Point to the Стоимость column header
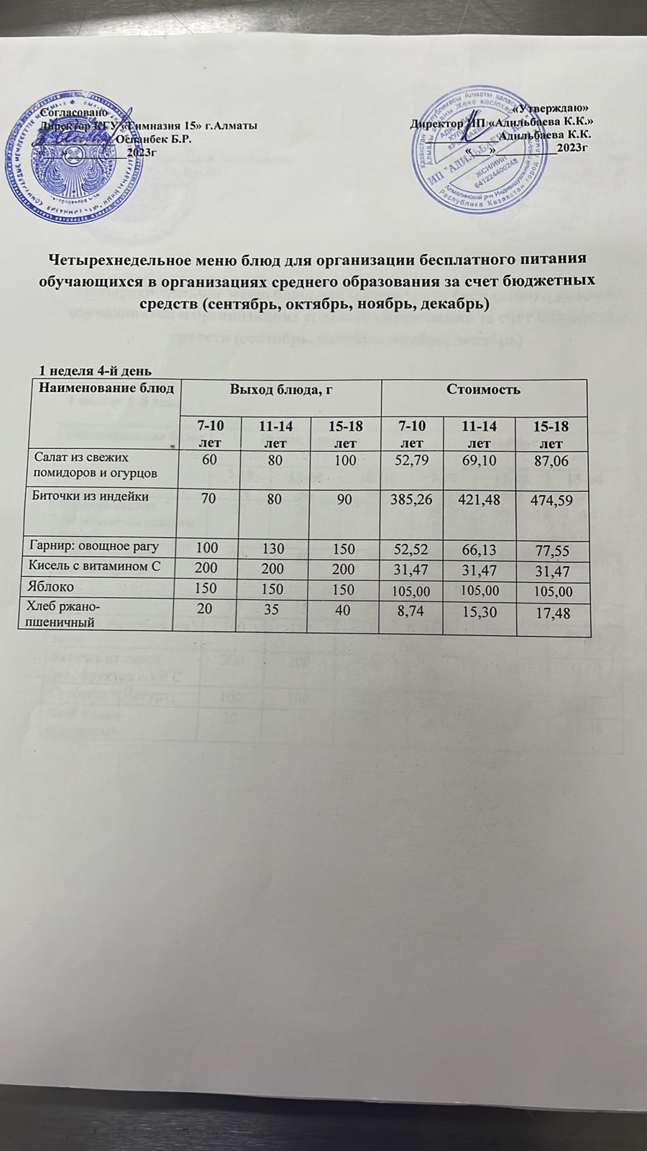[x=483, y=389]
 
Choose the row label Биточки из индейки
[x=91, y=496]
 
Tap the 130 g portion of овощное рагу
[x=275, y=549]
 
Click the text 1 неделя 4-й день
[x=94, y=371]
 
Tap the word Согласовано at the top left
[x=74, y=113]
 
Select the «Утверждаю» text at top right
[x=554, y=108]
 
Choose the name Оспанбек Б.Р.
[x=153, y=139]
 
